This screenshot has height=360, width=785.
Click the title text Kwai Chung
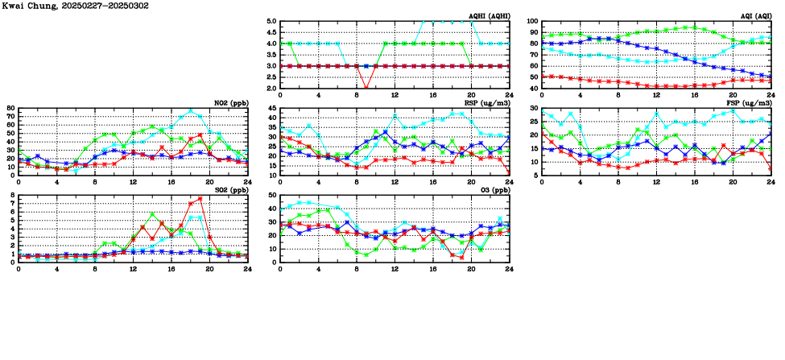click(x=30, y=6)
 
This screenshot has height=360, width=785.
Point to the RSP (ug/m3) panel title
click(x=485, y=103)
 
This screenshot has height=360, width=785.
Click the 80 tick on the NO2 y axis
click(x=10, y=108)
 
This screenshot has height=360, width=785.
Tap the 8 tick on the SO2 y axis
click(x=13, y=195)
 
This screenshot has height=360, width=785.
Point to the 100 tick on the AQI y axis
click(x=532, y=22)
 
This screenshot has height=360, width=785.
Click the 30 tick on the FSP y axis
click(x=534, y=108)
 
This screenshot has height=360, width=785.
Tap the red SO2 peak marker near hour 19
click(x=200, y=198)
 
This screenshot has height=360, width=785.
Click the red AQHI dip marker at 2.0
click(x=366, y=87)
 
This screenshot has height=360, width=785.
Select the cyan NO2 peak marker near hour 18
click(x=191, y=111)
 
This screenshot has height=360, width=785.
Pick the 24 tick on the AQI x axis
click(x=771, y=95)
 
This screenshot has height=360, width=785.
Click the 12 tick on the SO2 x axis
click(x=133, y=268)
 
